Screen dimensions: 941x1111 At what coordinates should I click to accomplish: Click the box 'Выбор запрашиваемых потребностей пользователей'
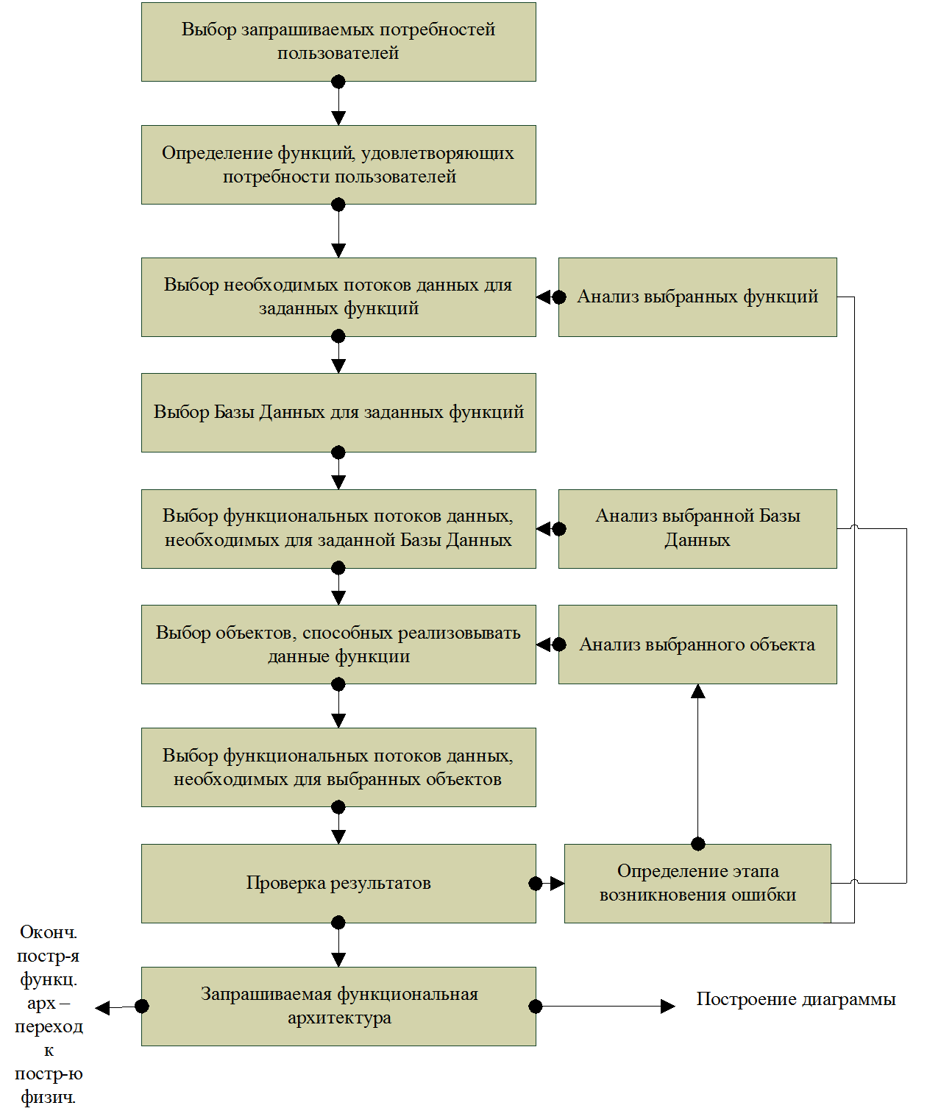click(338, 42)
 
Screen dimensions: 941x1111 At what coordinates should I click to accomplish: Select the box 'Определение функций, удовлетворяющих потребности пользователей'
click(338, 165)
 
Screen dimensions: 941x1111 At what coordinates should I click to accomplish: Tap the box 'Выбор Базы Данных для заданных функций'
click(338, 413)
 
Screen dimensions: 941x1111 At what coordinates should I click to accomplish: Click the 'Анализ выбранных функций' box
click(697, 297)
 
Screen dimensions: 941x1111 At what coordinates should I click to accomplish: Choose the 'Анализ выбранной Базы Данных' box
click(697, 529)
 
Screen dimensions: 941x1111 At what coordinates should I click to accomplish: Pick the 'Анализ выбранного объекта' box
click(697, 645)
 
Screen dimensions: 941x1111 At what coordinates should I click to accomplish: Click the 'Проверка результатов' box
click(338, 884)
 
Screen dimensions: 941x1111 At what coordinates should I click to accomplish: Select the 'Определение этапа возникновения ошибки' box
click(697, 884)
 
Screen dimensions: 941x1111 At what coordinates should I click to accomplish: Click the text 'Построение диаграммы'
click(796, 999)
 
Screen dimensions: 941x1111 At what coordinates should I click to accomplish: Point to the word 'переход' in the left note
click(49, 1026)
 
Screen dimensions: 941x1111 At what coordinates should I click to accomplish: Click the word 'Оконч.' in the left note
click(49, 932)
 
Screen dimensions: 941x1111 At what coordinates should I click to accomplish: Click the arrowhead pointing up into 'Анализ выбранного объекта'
click(697, 691)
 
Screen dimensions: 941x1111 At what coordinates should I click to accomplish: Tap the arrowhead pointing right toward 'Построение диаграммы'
click(668, 1007)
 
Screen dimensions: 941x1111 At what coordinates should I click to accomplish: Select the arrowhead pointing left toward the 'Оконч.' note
click(102, 1008)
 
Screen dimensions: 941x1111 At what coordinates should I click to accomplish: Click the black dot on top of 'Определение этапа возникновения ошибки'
click(697, 845)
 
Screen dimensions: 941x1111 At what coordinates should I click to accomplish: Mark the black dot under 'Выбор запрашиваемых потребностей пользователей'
click(338, 82)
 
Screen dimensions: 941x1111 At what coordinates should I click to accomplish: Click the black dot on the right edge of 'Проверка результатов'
click(536, 884)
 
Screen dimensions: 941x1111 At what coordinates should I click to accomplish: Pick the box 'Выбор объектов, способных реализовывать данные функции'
click(338, 645)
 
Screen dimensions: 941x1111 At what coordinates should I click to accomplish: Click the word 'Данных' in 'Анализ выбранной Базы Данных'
click(697, 540)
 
